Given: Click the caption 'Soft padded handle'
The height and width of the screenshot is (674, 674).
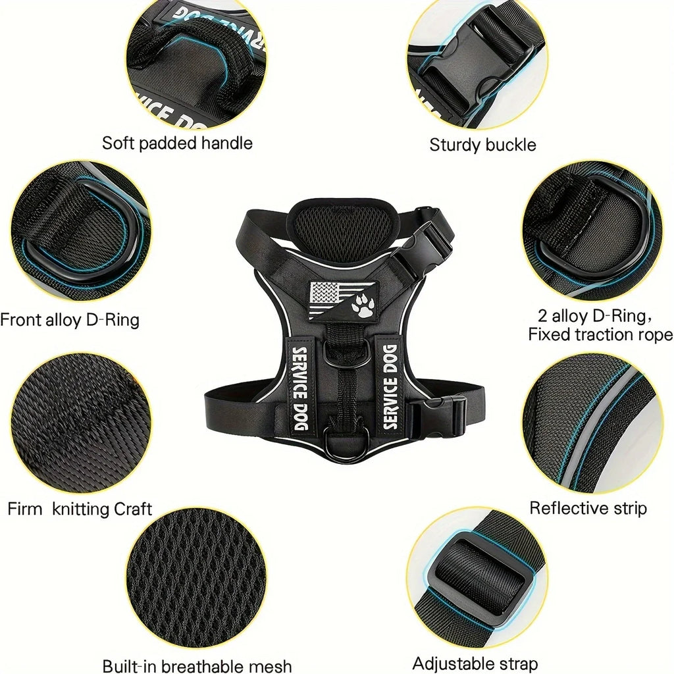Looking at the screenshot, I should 177,143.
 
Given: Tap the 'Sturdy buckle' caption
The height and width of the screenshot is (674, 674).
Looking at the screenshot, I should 482,145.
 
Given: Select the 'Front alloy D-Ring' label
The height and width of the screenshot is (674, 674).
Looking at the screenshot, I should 70,321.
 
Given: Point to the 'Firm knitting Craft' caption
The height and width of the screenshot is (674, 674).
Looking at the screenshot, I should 80,509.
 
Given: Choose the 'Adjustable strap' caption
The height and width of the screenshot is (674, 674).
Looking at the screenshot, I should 475,663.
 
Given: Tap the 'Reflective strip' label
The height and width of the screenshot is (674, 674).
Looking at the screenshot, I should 588,508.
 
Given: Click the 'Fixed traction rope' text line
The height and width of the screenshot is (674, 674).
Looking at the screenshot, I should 600,334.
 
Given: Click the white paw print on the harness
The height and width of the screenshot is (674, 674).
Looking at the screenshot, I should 362,304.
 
